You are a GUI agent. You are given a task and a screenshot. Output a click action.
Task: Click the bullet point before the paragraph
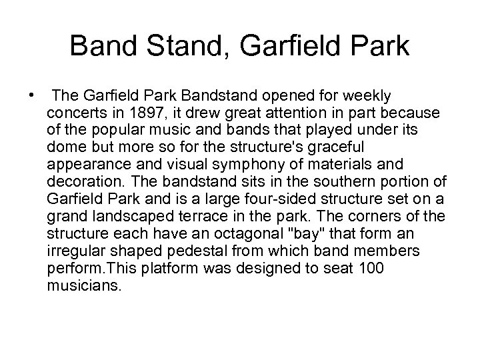pos(31,94)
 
